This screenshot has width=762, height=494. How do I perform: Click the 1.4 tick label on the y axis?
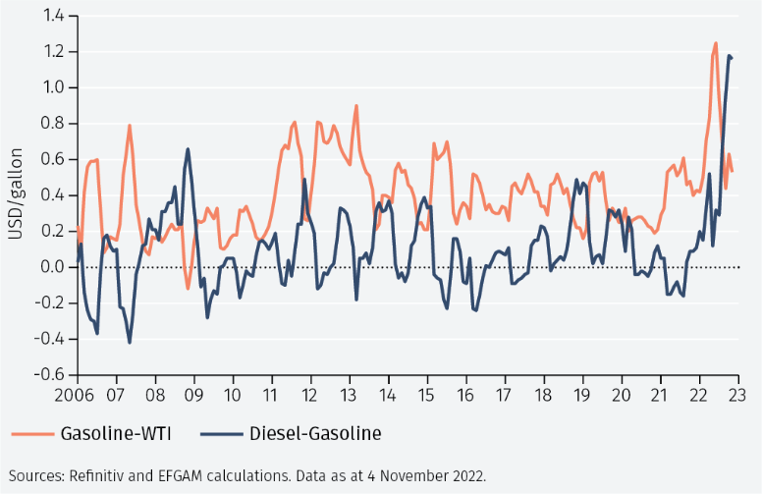point(53,16)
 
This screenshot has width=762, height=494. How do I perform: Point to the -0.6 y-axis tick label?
point(49,374)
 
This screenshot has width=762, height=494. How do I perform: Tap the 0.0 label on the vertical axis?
point(53,267)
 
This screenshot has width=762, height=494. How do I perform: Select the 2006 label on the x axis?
point(74,395)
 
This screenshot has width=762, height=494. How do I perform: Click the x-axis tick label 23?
point(737,395)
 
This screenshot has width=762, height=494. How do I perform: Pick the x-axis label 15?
point(426,395)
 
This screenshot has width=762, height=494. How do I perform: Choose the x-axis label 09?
point(193,395)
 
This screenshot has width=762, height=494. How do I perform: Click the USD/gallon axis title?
point(16,194)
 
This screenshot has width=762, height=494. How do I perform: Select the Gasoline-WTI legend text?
point(116,433)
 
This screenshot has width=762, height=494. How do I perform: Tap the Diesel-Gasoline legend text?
point(315,433)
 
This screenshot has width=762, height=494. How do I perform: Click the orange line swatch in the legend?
point(32,434)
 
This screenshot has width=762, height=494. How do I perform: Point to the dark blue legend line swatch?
point(221,434)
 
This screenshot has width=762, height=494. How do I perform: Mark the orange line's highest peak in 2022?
point(715,43)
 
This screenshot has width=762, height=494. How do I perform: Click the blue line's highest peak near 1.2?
point(729,56)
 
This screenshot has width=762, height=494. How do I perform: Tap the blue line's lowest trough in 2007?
point(130,343)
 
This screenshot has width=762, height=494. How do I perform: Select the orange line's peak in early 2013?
point(356,105)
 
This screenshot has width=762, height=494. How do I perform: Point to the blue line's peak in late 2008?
point(188,149)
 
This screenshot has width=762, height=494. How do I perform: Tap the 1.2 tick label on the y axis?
point(53,51)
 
